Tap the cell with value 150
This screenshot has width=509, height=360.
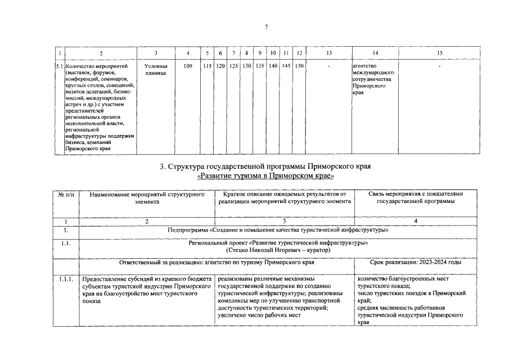coord(300,66)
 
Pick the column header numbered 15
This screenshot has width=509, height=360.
coord(439,53)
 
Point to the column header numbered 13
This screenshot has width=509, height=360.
coord(329,53)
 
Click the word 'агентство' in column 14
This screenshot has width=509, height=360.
coord(364,66)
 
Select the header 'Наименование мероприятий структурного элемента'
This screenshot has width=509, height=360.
coord(146,197)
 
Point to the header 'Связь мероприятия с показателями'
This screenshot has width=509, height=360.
coord(416,194)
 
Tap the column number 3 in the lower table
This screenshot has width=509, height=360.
coord(285,221)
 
